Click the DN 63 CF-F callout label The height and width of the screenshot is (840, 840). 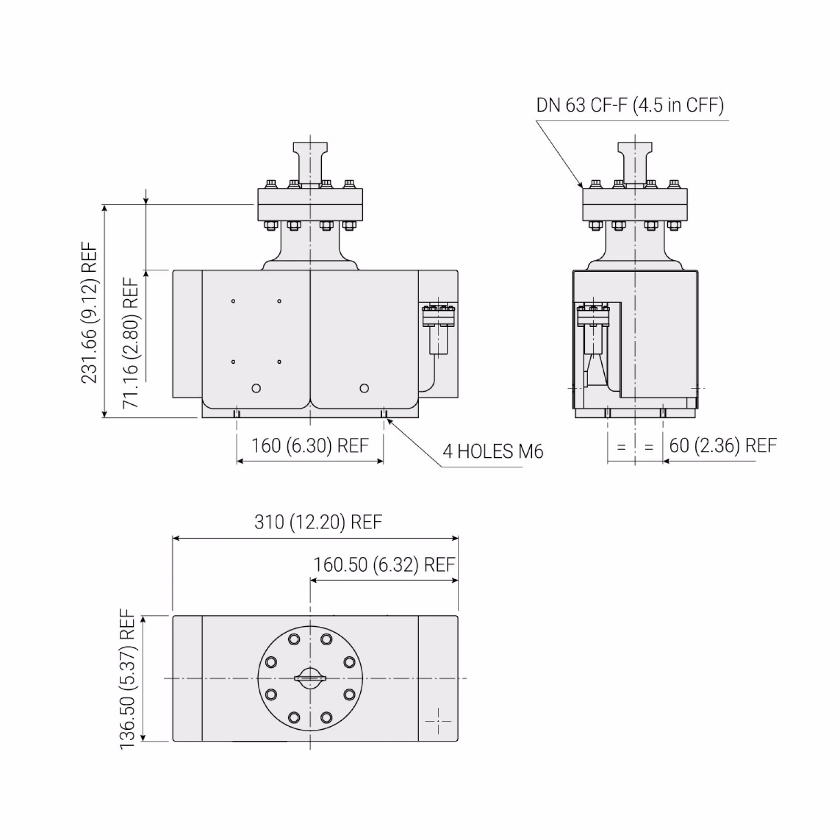click(x=629, y=105)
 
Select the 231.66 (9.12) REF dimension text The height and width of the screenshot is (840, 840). click(x=89, y=312)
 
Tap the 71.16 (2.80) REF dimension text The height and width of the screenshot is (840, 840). click(x=131, y=342)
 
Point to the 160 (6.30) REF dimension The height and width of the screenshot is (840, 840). click(x=310, y=446)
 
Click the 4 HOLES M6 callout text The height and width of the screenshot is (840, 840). click(x=492, y=451)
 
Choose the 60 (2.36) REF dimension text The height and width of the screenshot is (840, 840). click(x=722, y=446)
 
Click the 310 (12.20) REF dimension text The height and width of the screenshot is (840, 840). click(x=318, y=522)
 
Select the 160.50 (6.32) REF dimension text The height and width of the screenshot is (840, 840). click(x=384, y=565)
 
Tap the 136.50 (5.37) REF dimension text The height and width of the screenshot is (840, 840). click(x=128, y=678)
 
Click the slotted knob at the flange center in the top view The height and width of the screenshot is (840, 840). click(x=310, y=678)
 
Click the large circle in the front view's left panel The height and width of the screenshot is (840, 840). click(x=256, y=388)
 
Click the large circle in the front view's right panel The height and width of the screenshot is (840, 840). click(x=364, y=388)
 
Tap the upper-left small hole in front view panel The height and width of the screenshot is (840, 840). click(x=233, y=301)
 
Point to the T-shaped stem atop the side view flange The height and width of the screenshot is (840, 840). click(x=635, y=160)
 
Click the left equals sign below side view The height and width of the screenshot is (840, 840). click(x=621, y=447)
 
